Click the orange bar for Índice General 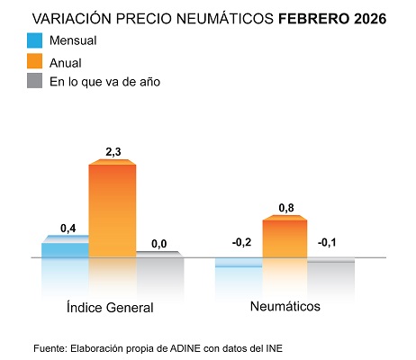[112, 209]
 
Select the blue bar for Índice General [65, 248]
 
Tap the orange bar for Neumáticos [284, 238]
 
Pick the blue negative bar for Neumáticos [238, 262]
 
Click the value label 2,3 [112, 153]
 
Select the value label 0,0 [159, 243]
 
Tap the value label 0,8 [285, 209]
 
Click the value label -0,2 [240, 242]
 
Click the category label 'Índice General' [110, 307]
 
